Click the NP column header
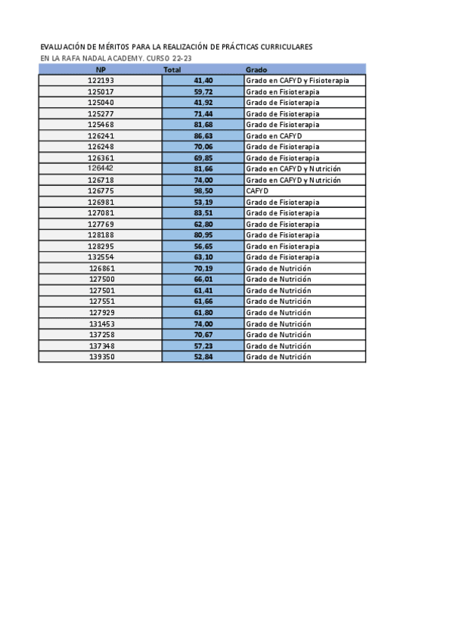101,70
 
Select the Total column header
172,70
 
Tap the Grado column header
256,70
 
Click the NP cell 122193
101,80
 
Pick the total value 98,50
203,191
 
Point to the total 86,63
203,136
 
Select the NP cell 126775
101,191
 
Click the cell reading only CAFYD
257,191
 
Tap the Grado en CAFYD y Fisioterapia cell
297,80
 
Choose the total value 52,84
203,357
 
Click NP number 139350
101,357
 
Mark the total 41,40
203,80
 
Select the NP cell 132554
101,257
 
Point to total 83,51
203,213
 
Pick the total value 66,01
203,280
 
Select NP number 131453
101,324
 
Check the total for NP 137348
203,345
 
